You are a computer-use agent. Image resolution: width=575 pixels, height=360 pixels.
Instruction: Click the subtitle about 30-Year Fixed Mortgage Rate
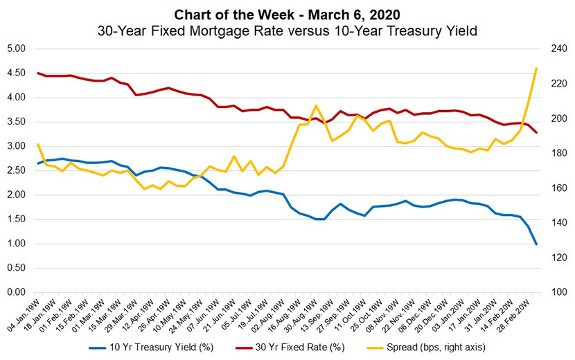[287, 30]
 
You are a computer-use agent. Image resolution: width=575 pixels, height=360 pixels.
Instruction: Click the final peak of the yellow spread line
[536, 68]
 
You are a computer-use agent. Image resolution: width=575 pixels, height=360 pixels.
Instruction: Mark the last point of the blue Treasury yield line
[536, 244]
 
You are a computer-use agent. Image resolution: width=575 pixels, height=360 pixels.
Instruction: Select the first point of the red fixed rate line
[38, 73]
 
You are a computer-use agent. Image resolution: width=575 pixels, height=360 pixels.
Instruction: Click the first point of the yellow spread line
[38, 144]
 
